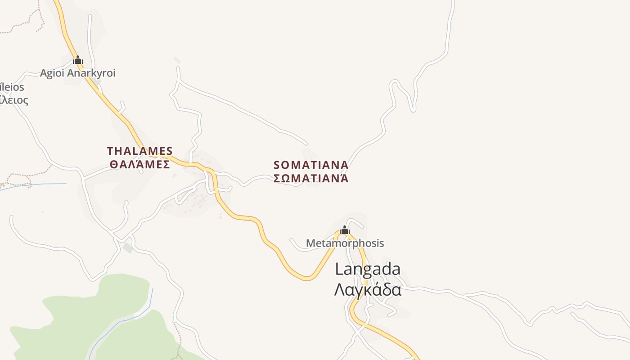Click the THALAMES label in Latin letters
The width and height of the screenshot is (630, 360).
(x=139, y=151)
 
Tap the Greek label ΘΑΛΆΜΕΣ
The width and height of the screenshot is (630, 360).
(x=139, y=164)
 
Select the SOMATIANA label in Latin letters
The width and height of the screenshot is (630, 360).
(x=311, y=165)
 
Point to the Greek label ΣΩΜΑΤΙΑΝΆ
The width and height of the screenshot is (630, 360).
(x=311, y=179)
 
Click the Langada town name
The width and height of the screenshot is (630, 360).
(x=368, y=269)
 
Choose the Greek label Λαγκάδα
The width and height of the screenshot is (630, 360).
(x=368, y=289)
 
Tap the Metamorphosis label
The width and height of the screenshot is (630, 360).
(x=345, y=243)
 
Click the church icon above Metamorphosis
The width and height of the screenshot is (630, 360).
(x=345, y=230)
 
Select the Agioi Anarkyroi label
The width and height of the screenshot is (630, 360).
(x=78, y=73)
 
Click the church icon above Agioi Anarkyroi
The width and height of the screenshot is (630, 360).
(x=78, y=60)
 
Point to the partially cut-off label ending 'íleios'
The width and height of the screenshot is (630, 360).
(x=13, y=87)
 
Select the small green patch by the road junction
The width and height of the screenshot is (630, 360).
(x=128, y=247)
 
